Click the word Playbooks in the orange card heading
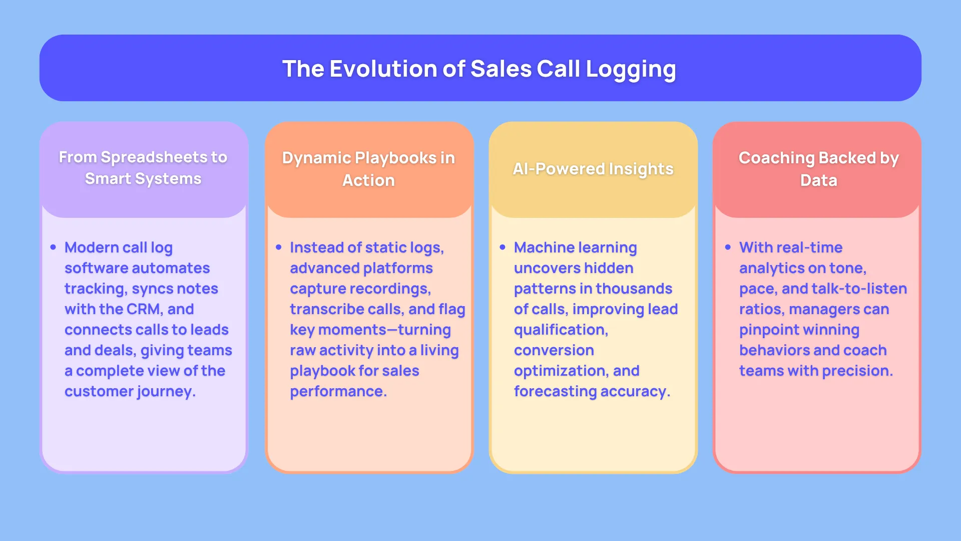tap(395, 158)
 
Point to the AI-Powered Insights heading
tap(593, 169)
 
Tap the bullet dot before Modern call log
tap(53, 247)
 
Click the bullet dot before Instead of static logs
tap(279, 247)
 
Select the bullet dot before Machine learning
tap(503, 247)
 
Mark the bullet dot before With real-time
tap(728, 247)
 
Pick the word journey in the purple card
tap(166, 391)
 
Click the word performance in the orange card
tap(338, 391)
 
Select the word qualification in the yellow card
tap(561, 330)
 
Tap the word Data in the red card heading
tap(818, 180)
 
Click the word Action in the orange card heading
tap(368, 180)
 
